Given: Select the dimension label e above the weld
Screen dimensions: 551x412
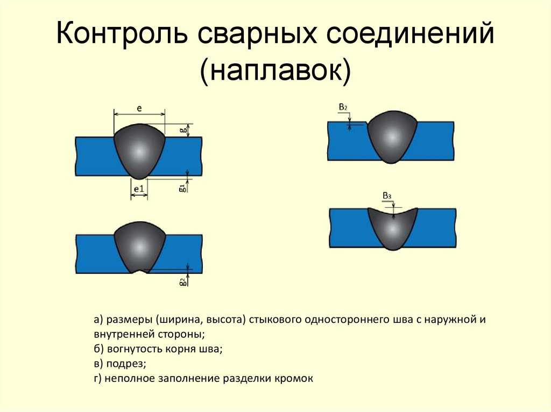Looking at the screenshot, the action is [139, 109].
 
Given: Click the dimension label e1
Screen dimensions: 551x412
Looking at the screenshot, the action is [139, 189].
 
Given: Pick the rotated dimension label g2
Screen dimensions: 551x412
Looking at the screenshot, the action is [182, 282].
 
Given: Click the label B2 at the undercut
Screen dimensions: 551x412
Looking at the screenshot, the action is [343, 107].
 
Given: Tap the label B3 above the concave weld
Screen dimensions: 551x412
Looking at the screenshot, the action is [387, 196].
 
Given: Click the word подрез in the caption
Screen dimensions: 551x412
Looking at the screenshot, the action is [126, 364].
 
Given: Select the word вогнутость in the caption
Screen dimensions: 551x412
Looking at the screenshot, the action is [134, 349].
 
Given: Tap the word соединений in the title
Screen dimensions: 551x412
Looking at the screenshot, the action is [411, 33].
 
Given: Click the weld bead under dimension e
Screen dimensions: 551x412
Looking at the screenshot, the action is [139, 151].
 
